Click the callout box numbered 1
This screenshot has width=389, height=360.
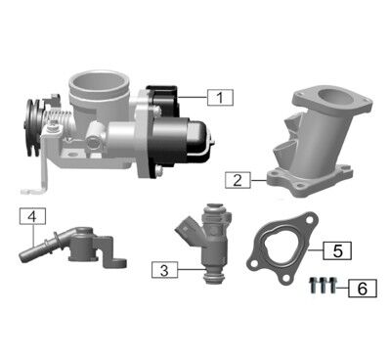(x=221, y=96)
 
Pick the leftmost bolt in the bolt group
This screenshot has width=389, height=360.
(x=312, y=287)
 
